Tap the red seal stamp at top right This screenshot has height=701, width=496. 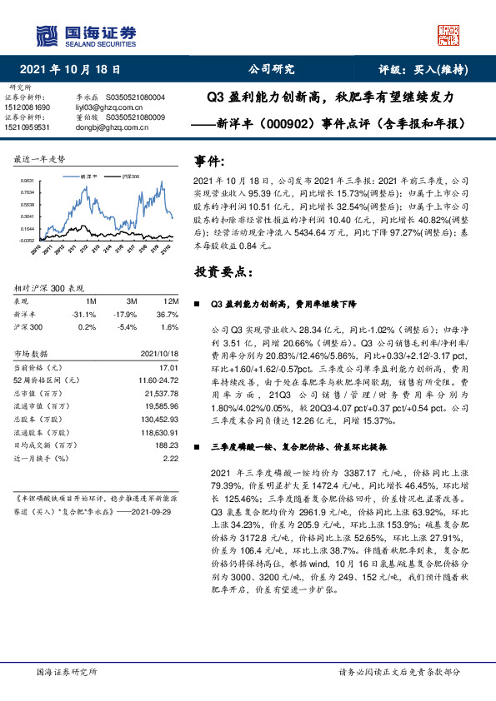click(448, 34)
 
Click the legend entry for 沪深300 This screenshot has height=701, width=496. click(130, 178)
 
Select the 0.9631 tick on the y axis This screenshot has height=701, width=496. click(28, 181)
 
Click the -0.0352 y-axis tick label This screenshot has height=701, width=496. click(27, 239)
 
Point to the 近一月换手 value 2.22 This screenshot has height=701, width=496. click(171, 457)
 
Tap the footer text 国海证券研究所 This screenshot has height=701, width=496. click(68, 672)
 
